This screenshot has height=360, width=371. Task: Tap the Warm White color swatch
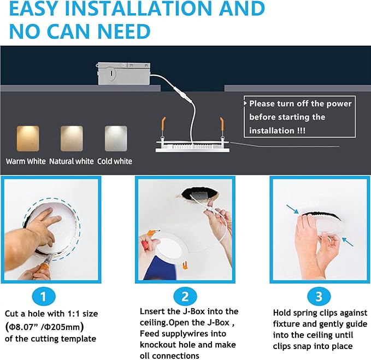pyautogui.click(x=27, y=137)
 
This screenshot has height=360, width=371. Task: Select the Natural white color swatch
pyautogui.click(x=71, y=137)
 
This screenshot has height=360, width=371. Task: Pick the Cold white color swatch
pyautogui.click(x=115, y=137)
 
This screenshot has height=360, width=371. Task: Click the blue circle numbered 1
pyautogui.click(x=49, y=297)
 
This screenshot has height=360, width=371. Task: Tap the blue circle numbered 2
pyautogui.click(x=185, y=297)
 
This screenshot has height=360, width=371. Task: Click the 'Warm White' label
pyautogui.click(x=26, y=161)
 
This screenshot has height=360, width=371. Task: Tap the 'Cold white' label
pyautogui.click(x=115, y=161)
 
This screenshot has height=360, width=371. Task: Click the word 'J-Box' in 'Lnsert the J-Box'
pyautogui.click(x=201, y=311)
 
